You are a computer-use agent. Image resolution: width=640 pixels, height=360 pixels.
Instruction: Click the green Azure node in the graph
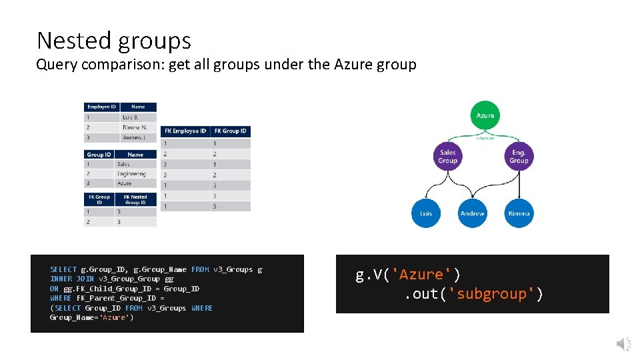click(x=485, y=115)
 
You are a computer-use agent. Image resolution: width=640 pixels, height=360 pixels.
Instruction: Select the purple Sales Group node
click(x=448, y=157)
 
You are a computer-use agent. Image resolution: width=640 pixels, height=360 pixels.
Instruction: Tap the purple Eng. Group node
click(x=519, y=157)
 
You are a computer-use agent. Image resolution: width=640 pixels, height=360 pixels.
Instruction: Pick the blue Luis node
click(x=425, y=213)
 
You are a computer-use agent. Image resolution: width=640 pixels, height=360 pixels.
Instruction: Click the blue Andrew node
click(x=472, y=213)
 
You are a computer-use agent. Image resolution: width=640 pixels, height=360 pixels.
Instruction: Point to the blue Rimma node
click(x=519, y=213)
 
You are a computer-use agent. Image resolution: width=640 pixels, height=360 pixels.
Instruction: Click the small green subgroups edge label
click(x=485, y=139)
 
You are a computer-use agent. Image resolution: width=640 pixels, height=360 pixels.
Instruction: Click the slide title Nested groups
click(x=114, y=41)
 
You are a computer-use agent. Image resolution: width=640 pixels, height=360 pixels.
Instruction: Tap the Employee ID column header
click(x=102, y=107)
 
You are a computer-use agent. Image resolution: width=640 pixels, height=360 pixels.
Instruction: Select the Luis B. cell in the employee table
click(x=131, y=117)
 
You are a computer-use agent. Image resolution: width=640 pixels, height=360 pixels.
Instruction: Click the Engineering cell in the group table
click(x=131, y=173)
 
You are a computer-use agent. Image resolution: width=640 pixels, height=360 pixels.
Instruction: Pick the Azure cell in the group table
click(x=125, y=183)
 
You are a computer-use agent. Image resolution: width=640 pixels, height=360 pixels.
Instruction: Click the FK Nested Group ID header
click(x=135, y=199)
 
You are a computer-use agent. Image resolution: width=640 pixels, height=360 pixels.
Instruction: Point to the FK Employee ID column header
click(x=185, y=131)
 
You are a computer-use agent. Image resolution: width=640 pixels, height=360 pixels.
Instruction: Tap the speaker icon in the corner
click(x=623, y=344)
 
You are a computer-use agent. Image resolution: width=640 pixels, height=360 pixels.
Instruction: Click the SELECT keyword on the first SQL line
click(x=63, y=269)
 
